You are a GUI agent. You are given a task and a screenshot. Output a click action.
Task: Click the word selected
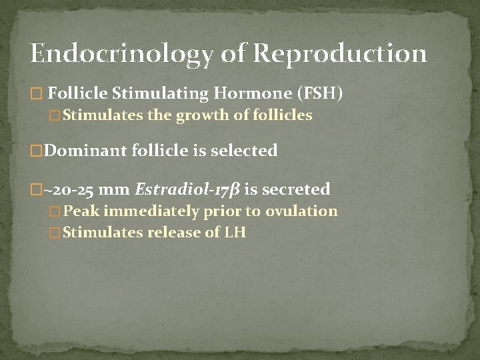tap(245, 151)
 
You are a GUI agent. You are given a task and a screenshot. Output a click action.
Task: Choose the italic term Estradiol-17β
tap(187, 190)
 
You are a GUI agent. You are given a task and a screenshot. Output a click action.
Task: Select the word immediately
tap(143, 212)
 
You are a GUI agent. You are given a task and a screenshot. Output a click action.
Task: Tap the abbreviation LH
tap(235, 233)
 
